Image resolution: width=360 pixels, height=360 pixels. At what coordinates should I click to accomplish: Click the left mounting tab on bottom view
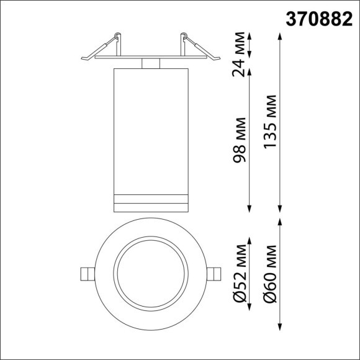88,274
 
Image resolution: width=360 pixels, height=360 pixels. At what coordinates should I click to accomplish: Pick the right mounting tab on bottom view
214,274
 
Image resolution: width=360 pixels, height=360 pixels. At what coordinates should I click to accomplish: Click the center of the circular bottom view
151,274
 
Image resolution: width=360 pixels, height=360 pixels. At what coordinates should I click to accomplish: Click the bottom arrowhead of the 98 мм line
250,209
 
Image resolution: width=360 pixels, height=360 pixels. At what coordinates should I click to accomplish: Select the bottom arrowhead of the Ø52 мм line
250,310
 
